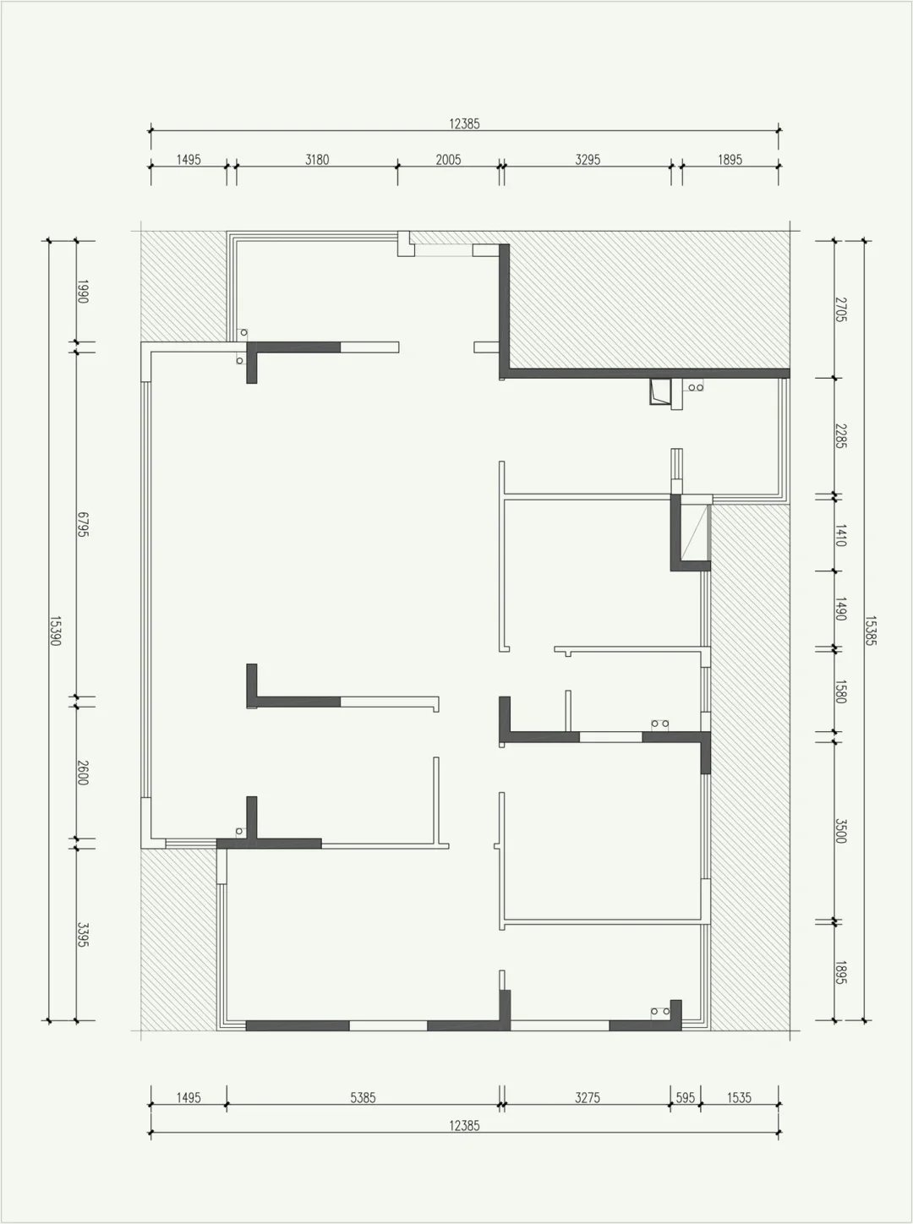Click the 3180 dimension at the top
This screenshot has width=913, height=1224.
[317, 160]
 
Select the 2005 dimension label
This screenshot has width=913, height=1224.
[448, 160]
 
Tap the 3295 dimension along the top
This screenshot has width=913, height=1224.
[588, 160]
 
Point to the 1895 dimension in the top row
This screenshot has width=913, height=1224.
[730, 160]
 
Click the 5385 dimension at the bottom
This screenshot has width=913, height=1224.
[363, 1097]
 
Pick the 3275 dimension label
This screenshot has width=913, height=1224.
[588, 1097]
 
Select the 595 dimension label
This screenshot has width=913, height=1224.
[686, 1097]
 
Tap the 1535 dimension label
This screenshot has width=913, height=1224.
[740, 1097]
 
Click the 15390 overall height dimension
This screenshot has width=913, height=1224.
[55, 631]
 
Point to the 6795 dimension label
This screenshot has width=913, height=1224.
[83, 524]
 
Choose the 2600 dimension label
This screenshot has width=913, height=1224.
[83, 773]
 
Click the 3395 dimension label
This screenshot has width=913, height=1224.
[83, 935]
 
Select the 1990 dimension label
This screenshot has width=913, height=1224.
[83, 292]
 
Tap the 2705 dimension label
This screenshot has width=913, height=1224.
[841, 309]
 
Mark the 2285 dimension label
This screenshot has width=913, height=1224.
[841, 436]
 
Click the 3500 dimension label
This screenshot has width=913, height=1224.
[841, 831]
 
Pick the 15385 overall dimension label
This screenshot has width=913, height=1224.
[871, 631]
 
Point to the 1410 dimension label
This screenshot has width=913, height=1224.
[841, 535]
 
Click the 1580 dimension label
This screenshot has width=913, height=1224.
[841, 691]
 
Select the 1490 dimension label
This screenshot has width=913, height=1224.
[841, 609]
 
